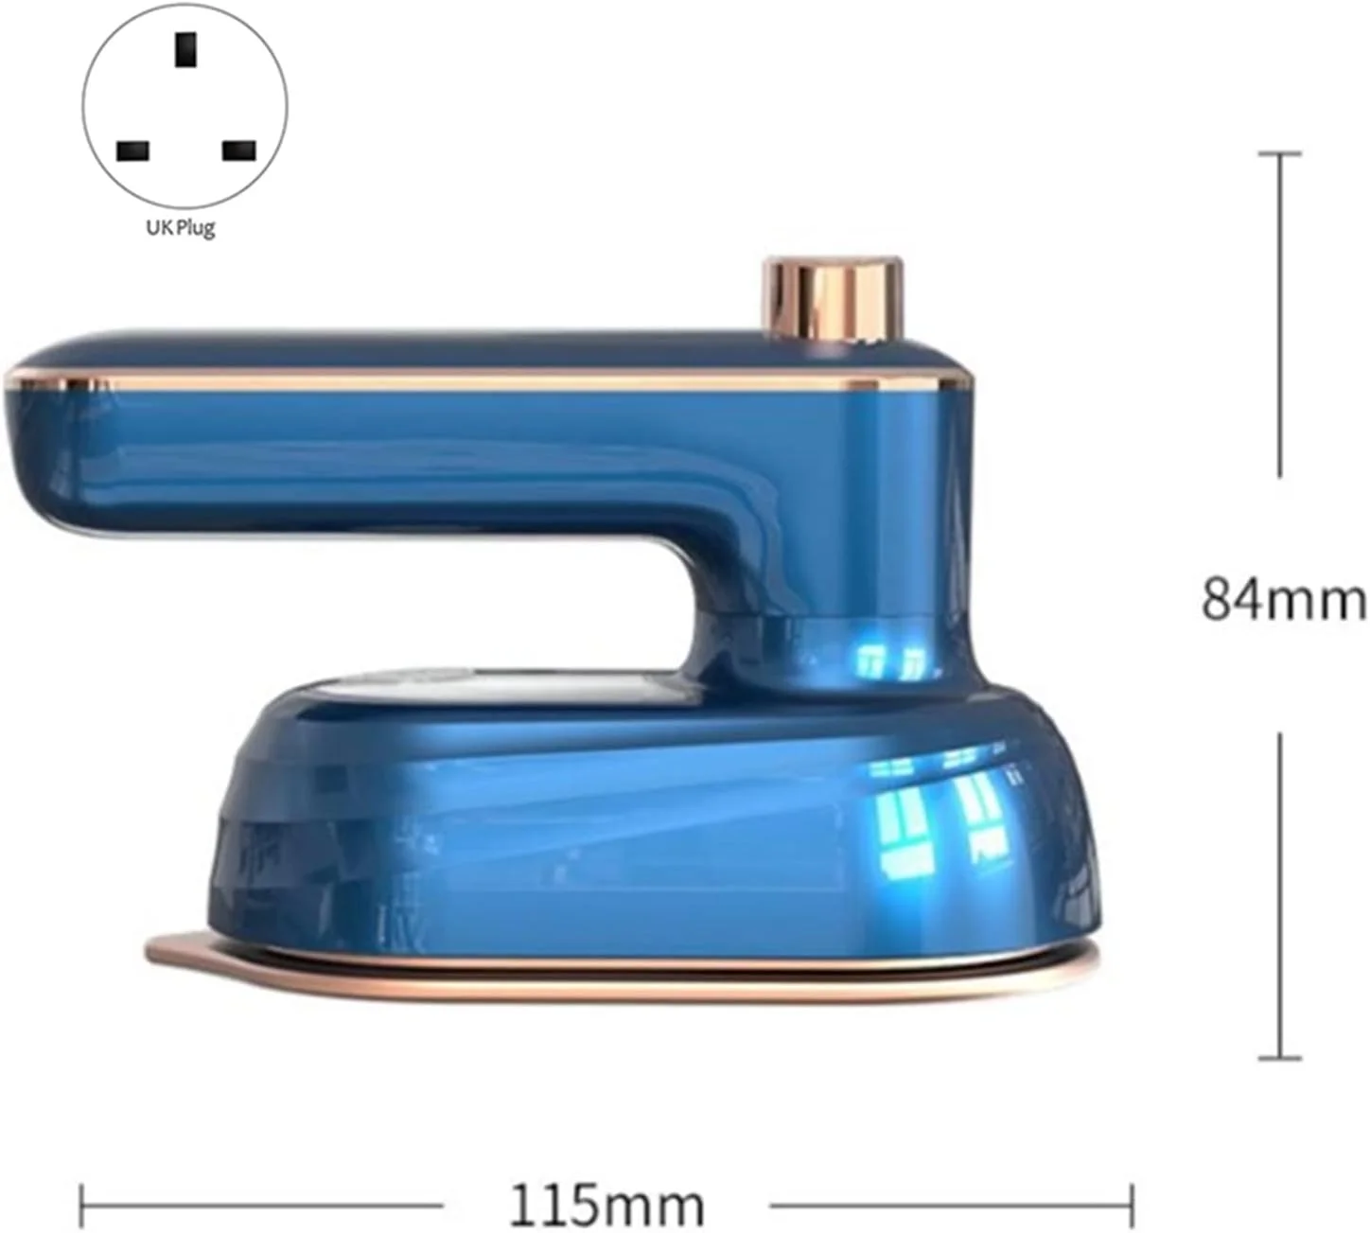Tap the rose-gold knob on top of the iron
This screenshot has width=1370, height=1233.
coord(834,298)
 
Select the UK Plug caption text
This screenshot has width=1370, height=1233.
coord(181,227)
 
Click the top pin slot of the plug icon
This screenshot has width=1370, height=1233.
coord(185,50)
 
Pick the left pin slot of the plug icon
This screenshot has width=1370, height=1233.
coord(133,151)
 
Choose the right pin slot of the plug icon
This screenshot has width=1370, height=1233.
coord(239,151)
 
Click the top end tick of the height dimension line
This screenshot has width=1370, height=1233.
coord(1280,154)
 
